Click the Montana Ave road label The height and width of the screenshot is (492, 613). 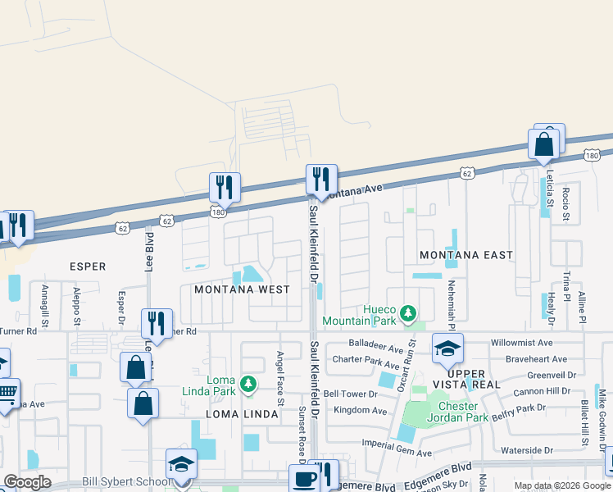click(354, 190)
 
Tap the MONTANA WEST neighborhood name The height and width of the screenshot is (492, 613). click(242, 289)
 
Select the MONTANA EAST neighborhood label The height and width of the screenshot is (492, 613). click(466, 255)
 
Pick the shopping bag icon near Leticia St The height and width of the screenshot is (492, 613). click(544, 144)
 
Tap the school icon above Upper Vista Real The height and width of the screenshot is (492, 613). click(447, 349)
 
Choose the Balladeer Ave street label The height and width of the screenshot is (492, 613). click(365, 348)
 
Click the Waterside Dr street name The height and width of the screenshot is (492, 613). click(534, 450)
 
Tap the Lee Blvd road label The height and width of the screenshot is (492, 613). click(150, 249)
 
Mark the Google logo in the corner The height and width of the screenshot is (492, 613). click(27, 482)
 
